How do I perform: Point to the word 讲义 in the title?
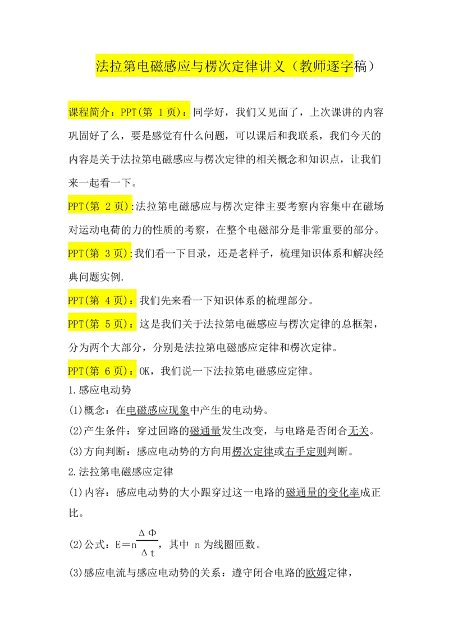pyautogui.click(x=272, y=67)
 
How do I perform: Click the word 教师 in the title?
pyautogui.click(x=313, y=67)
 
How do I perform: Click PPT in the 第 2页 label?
pyautogui.click(x=75, y=206)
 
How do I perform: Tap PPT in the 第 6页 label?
pyautogui.click(x=75, y=371)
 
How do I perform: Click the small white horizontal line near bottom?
pyautogui.click(x=148, y=541)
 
